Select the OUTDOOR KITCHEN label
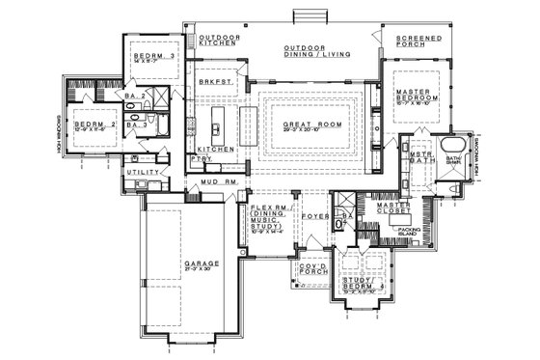pos(219,41)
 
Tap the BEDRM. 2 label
pos(94,125)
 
